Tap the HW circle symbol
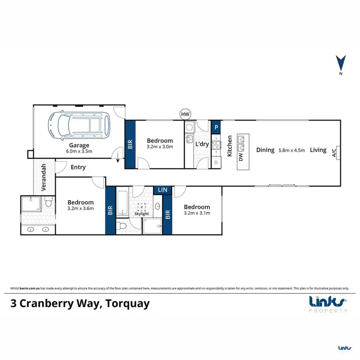[184, 114]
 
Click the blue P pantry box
[216, 127]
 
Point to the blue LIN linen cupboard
[163, 191]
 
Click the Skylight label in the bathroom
[141, 214]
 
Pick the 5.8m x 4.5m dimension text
[291, 150]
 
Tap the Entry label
[78, 167]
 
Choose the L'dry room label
[201, 144]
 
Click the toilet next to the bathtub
[122, 226]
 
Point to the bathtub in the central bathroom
[122, 204]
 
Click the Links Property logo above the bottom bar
[328, 304]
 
